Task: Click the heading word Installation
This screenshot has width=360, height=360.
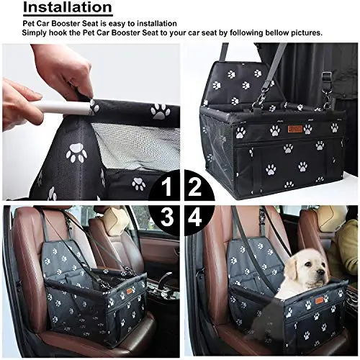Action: (x=68, y=7)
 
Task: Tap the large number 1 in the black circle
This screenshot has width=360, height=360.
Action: (x=166, y=187)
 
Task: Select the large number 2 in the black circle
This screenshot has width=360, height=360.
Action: (x=195, y=187)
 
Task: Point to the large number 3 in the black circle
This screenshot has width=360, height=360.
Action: (x=167, y=217)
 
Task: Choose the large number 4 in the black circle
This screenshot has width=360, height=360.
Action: (x=195, y=217)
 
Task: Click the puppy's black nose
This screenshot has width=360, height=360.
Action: (x=319, y=272)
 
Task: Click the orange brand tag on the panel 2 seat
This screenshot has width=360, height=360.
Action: (x=293, y=129)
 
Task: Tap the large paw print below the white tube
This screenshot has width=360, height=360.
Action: (x=76, y=152)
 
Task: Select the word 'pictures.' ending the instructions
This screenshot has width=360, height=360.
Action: (x=307, y=32)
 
